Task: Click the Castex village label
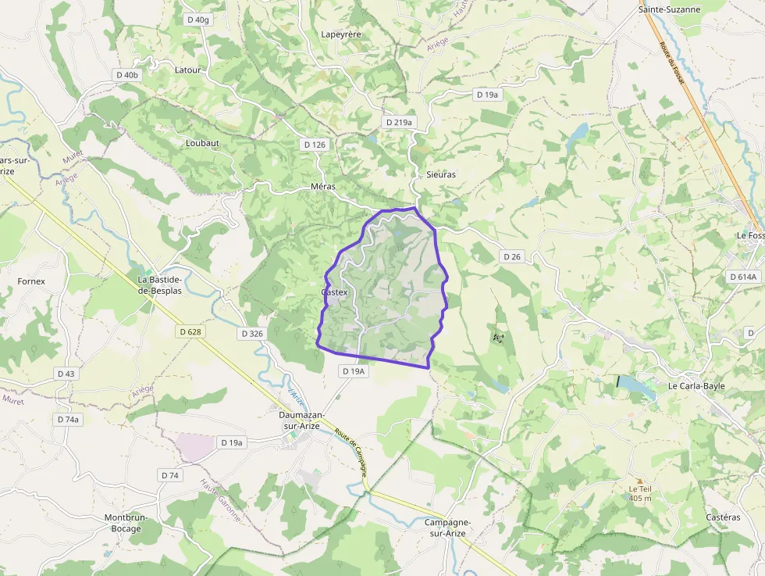(333, 292)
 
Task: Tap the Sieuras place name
(441, 174)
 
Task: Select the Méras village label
(322, 187)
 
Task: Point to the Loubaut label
(202, 143)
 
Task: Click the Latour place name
(187, 70)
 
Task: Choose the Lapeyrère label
(342, 34)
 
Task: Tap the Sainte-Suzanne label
(669, 9)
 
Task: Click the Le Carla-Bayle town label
(696, 386)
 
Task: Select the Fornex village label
(31, 281)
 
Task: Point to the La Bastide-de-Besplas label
(159, 284)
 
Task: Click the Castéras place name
(722, 517)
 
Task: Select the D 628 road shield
(189, 332)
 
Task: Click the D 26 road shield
(511, 256)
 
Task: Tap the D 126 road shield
(314, 145)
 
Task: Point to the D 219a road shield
(399, 123)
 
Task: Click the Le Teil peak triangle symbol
(639, 481)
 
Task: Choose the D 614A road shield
(742, 277)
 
